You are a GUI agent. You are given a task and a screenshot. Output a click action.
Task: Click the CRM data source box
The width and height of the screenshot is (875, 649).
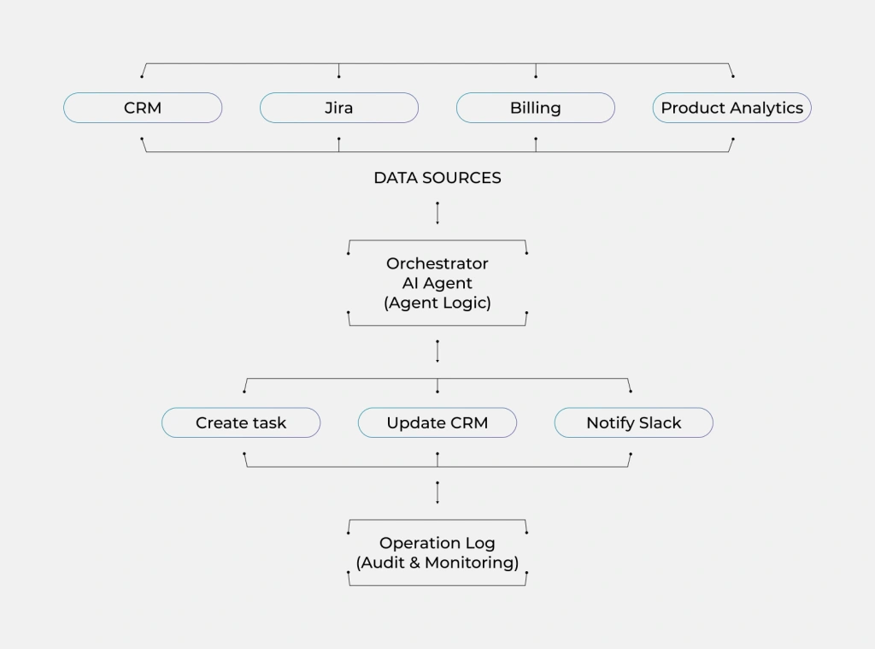click(143, 108)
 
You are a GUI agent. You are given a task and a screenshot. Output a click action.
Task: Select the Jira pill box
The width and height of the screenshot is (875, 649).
click(339, 108)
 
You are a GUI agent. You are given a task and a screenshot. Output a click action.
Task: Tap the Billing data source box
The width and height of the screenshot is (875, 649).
click(536, 108)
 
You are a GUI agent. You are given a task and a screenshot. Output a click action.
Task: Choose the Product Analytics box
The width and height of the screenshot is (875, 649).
click(732, 108)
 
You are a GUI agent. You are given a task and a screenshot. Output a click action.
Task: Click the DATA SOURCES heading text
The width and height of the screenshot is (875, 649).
click(437, 178)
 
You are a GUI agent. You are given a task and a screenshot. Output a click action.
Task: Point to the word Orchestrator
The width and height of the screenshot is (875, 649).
click(437, 263)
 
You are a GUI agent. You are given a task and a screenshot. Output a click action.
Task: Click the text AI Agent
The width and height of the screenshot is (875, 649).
click(437, 283)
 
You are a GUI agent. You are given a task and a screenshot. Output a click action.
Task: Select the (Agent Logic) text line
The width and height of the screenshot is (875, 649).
click(437, 303)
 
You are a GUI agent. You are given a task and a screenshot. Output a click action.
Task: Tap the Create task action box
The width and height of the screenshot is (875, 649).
click(241, 422)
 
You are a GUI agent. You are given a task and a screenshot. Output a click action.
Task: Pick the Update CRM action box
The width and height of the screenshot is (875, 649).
click(437, 422)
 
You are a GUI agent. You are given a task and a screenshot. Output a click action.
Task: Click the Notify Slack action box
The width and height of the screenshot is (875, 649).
click(634, 422)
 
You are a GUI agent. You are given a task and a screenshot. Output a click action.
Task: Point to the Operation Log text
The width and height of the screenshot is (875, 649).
click(437, 543)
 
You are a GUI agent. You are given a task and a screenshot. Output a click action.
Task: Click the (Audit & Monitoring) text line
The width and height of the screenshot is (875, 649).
click(437, 563)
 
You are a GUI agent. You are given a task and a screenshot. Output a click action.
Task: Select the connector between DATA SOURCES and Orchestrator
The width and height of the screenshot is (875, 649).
click(437, 213)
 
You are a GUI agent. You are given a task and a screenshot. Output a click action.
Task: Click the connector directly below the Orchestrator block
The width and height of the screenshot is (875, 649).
click(437, 351)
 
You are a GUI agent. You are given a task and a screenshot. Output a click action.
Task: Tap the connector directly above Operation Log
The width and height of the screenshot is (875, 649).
click(437, 493)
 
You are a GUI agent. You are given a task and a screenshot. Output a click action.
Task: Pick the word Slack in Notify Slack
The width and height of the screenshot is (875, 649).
click(658, 422)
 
